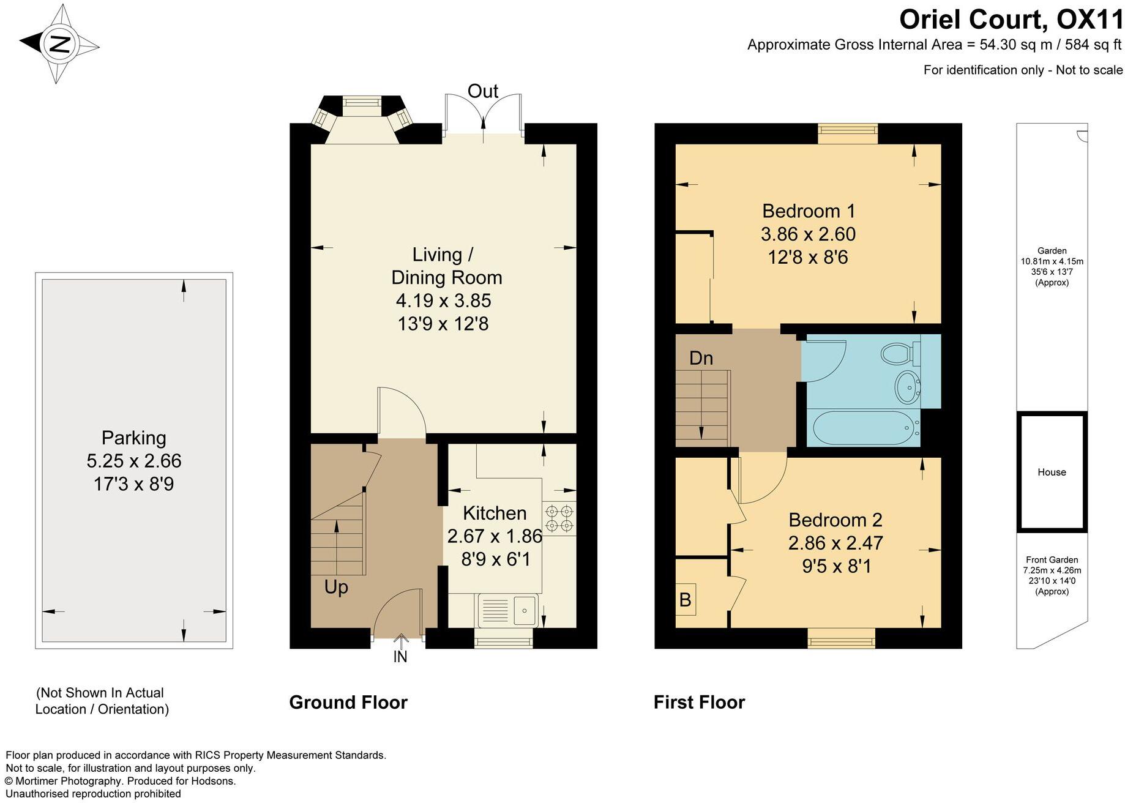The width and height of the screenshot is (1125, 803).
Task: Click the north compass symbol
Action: pyautogui.click(x=59, y=43)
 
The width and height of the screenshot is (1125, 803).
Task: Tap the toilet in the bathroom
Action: pyautogui.click(x=900, y=353)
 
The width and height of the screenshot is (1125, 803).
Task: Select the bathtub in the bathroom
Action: pyautogui.click(x=864, y=428)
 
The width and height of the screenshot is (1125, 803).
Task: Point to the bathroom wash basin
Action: pyautogui.click(x=908, y=387)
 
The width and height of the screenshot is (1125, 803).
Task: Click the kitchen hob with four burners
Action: pyautogui.click(x=559, y=517)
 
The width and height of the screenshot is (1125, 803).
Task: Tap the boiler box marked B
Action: pyautogui.click(x=686, y=599)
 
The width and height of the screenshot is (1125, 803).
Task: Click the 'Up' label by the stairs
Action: pyautogui.click(x=336, y=587)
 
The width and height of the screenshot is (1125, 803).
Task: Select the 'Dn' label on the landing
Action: pyautogui.click(x=701, y=358)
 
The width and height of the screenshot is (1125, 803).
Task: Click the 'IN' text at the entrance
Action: pyautogui.click(x=400, y=657)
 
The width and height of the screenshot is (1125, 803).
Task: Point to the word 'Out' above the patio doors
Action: pyautogui.click(x=483, y=91)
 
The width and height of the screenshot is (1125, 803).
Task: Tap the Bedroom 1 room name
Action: pyautogui.click(x=808, y=211)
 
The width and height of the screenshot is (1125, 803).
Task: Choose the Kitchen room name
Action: pyautogui.click(x=495, y=513)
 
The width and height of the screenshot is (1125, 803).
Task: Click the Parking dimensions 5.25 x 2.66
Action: pyautogui.click(x=134, y=461)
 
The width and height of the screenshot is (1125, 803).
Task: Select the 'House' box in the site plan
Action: pyautogui.click(x=1052, y=472)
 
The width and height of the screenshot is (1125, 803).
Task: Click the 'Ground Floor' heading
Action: pyautogui.click(x=348, y=702)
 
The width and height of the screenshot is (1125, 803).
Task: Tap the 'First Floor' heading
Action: pyautogui.click(x=699, y=702)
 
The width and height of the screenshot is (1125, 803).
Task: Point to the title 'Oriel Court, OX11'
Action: pyautogui.click(x=1011, y=20)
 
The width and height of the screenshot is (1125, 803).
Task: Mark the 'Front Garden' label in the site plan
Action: pyautogui.click(x=1052, y=559)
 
